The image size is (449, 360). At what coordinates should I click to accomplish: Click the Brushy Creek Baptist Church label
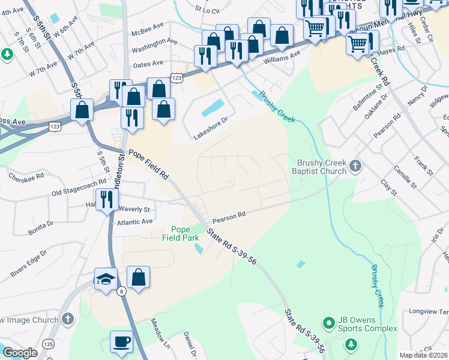[322, 167]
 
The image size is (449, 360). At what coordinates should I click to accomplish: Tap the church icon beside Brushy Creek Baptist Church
[355, 166]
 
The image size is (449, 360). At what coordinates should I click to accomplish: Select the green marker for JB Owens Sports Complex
[328, 324]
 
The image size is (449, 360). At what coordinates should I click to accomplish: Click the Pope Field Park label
[180, 233]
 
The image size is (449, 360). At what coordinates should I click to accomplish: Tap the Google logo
[20, 352]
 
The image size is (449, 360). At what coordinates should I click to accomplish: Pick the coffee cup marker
[121, 342]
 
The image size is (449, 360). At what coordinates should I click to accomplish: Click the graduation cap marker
[106, 280]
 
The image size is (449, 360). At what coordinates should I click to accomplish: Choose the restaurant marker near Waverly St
[107, 199]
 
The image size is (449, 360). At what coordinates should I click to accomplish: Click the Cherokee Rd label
[26, 176]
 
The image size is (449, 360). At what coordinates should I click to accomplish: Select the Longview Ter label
[427, 312]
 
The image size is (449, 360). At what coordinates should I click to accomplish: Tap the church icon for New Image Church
[68, 318]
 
